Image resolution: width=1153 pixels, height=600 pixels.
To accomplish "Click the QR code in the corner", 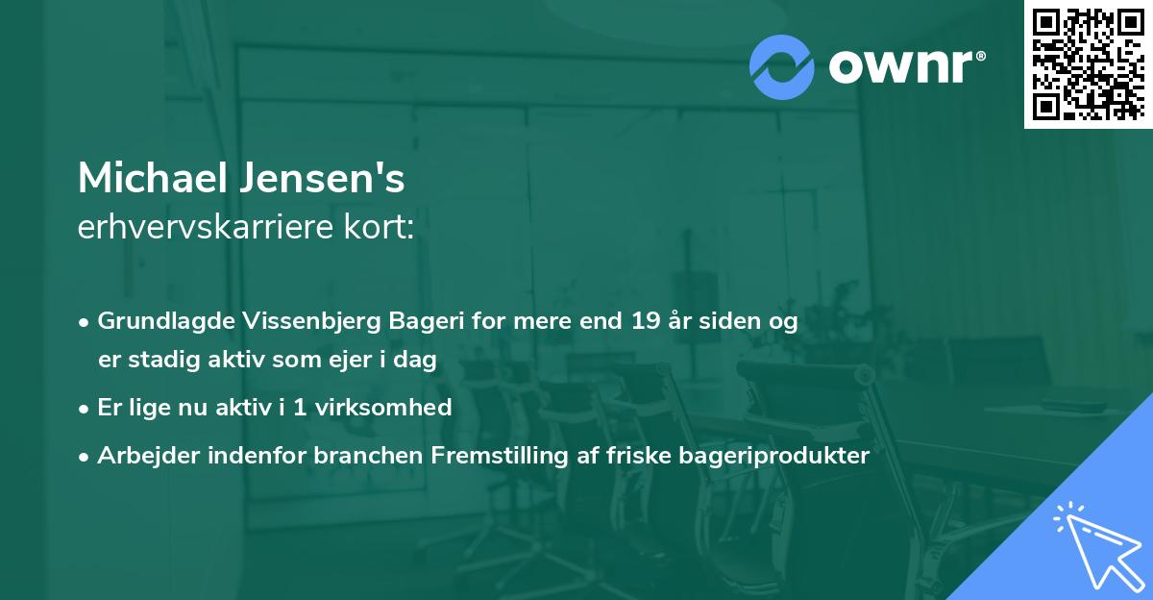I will pos(1089,64).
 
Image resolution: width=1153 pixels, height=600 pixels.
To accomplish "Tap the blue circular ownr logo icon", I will pos(782,66).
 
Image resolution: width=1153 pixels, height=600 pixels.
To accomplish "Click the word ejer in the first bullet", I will pos(376,361).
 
